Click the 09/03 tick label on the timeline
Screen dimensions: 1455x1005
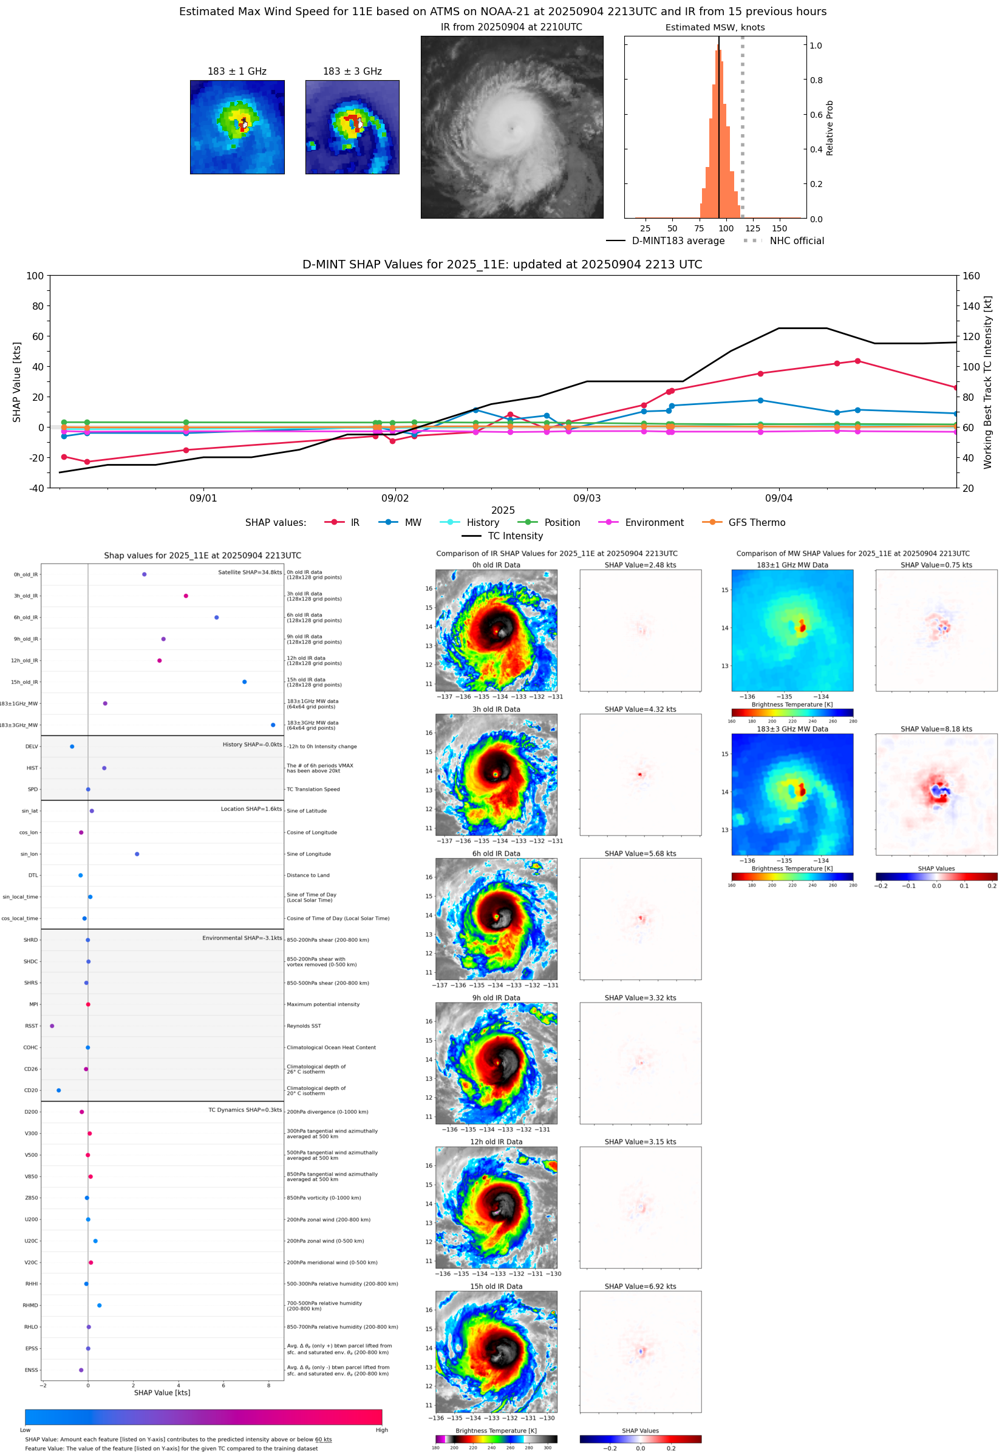586,498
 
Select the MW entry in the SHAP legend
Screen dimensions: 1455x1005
412,523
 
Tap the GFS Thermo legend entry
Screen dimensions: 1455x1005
756,523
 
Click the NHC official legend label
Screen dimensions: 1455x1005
796,240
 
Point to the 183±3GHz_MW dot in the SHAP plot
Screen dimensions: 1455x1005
273,724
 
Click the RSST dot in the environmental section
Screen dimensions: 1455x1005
52,1026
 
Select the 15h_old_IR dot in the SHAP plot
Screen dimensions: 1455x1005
244,682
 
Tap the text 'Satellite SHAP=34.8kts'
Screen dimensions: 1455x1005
250,572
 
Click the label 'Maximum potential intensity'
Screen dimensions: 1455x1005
323,1004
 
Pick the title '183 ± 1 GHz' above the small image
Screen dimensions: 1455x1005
237,72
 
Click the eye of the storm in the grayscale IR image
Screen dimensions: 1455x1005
512,129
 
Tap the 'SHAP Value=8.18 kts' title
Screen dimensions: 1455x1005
936,729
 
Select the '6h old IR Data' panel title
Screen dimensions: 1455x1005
496,854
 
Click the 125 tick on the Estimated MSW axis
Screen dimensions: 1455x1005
752,228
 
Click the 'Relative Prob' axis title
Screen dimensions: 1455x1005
830,128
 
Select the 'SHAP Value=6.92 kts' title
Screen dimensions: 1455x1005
640,1286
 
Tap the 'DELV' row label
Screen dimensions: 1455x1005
32,747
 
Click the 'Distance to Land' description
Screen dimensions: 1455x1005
308,875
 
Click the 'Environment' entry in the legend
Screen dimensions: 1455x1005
653,523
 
